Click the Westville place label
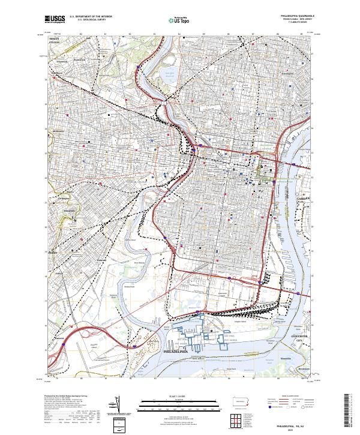coord(286,358)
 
